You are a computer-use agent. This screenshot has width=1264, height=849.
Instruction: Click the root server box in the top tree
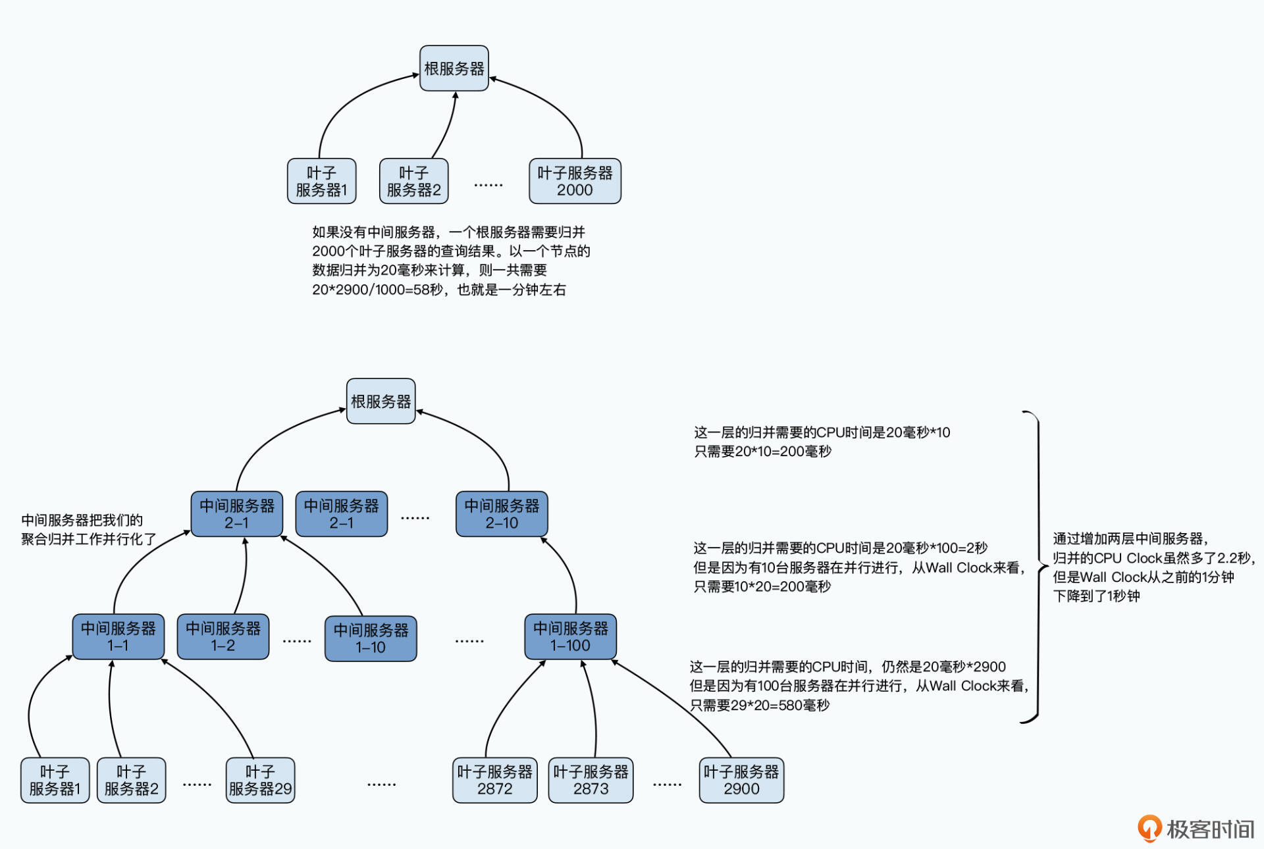pos(454,68)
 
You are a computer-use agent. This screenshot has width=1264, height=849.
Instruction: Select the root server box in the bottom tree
pos(381,401)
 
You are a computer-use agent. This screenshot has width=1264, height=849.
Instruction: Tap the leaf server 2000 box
pos(575,181)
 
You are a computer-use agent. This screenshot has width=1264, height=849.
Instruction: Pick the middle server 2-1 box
pos(236,514)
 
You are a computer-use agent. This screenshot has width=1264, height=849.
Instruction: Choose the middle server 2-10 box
pos(502,514)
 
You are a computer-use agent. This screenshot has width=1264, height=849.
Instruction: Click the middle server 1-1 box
pos(118,637)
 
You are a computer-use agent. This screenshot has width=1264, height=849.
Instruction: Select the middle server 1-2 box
pos(223,637)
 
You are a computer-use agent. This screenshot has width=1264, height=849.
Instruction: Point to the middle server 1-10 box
pos(371,638)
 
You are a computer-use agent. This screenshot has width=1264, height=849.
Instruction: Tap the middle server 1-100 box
pos(570,637)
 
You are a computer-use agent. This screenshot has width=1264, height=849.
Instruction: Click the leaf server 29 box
pos(260,781)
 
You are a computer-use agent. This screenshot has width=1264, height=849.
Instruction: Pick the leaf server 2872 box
pos(494,781)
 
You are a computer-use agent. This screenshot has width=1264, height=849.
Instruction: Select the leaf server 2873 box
pos(591,781)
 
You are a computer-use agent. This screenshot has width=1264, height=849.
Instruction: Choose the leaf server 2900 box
pos(741,781)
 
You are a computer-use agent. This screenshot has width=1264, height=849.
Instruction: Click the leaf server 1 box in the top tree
pos(321,181)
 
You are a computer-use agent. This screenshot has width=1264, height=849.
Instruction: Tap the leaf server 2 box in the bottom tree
pos(131,781)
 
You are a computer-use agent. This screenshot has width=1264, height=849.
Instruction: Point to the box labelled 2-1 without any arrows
pos(341,514)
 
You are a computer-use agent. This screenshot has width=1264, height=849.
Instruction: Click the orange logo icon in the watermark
pos(1149,829)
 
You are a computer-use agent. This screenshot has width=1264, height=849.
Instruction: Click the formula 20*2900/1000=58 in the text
pos(369,290)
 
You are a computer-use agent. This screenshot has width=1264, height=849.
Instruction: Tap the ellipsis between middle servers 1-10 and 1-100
pos(469,640)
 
